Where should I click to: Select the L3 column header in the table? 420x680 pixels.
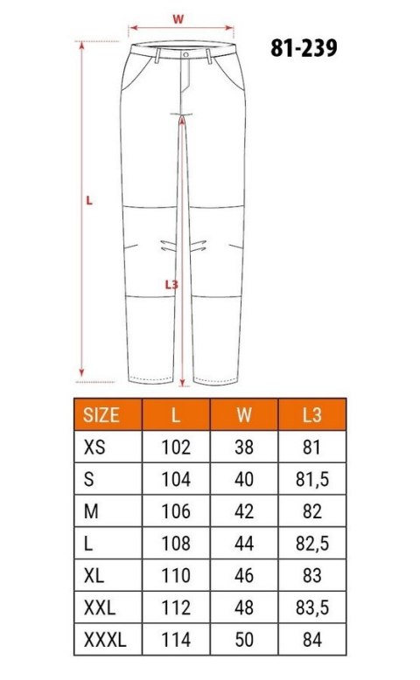click(312, 414)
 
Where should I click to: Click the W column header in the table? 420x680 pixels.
click(244, 414)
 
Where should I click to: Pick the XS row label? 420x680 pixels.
click(93, 448)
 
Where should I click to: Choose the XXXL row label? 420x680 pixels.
click(105, 640)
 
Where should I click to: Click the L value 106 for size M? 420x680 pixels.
click(176, 511)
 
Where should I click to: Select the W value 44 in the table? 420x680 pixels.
click(244, 544)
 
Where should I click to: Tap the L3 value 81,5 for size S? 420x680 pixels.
click(312, 480)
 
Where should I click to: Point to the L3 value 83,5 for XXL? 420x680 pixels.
click(312, 607)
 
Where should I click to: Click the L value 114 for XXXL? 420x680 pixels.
click(176, 640)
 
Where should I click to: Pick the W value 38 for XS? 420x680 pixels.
click(244, 448)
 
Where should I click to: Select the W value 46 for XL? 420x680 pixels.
click(244, 576)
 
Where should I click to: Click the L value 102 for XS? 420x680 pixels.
click(176, 448)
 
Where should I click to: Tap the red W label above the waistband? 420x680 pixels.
click(178, 17)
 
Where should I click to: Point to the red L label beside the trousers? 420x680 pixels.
click(89, 199)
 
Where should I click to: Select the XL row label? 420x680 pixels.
click(94, 576)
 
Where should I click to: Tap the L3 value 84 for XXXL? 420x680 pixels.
click(312, 640)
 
